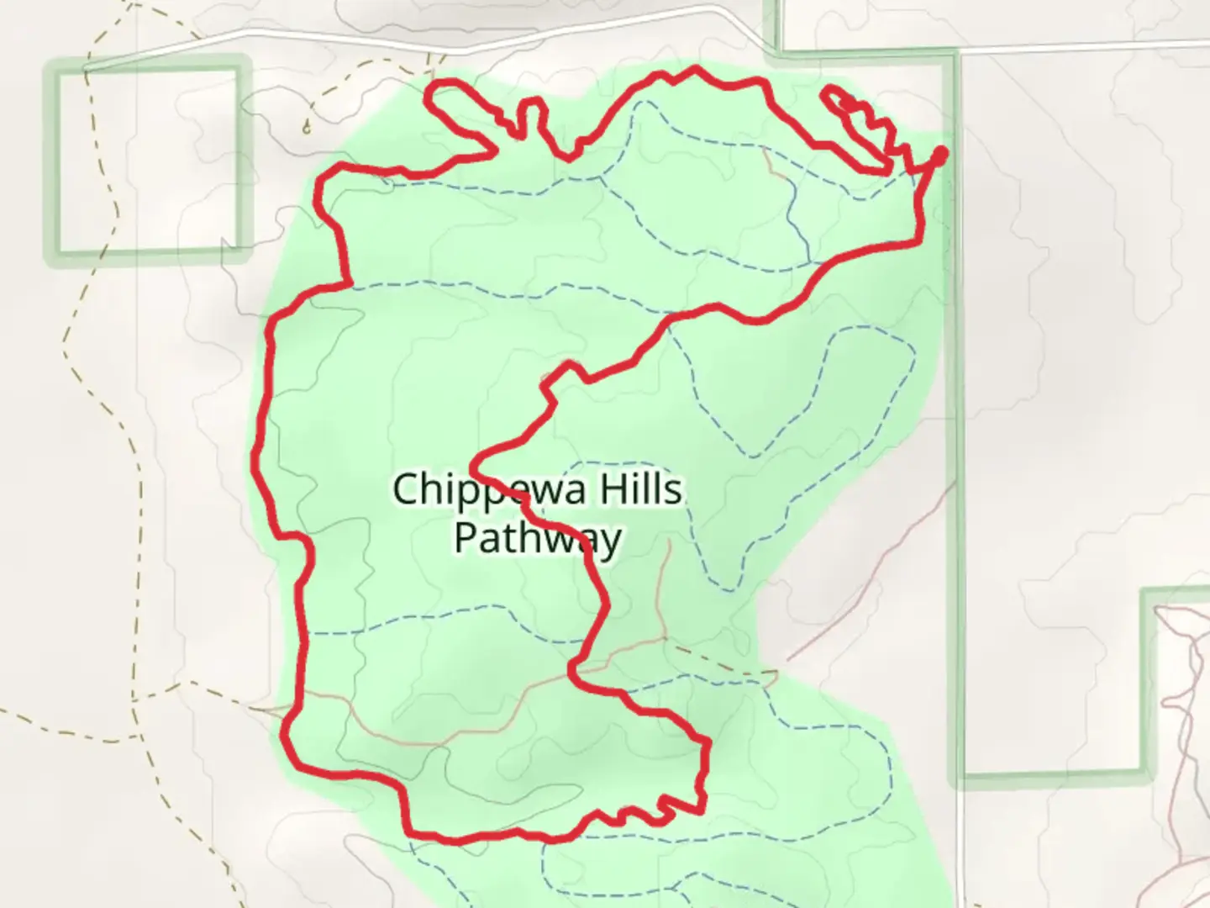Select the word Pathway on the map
point(538,538)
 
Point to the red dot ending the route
point(940,154)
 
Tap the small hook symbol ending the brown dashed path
point(307,128)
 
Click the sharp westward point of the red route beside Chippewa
point(476,462)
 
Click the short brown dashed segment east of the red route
point(723,664)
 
